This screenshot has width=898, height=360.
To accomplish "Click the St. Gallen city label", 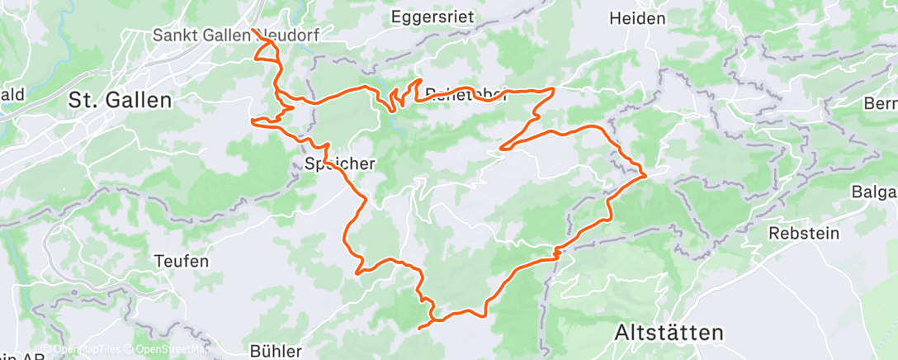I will (x=120, y=101).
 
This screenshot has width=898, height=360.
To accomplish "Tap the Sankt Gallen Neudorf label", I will (x=235, y=36).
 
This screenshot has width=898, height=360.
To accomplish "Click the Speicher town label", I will (x=336, y=164).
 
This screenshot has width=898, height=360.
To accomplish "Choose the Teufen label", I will (x=181, y=261).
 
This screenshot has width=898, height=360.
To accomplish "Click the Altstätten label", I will (x=669, y=332).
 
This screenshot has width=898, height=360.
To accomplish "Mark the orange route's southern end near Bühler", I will (x=421, y=328).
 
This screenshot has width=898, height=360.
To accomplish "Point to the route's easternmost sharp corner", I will (x=644, y=174).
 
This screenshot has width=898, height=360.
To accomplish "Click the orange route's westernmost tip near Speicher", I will (x=251, y=121).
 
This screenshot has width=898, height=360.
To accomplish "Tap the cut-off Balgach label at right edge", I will (x=876, y=192).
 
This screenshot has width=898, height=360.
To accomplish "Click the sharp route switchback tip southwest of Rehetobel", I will (x=500, y=149).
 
